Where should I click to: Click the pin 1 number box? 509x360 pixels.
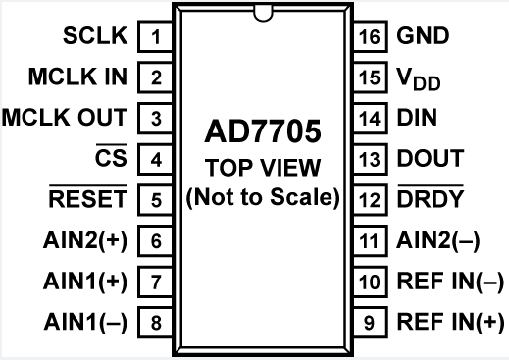(x=156, y=39)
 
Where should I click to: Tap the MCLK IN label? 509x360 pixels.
(x=78, y=77)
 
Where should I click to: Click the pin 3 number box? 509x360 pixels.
(x=156, y=117)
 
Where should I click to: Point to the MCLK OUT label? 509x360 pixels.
(x=65, y=117)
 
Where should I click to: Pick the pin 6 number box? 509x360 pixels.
(x=156, y=238)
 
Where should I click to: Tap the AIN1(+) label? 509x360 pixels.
(x=85, y=280)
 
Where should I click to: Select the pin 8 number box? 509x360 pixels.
(x=156, y=320)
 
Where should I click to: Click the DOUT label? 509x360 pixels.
(x=431, y=157)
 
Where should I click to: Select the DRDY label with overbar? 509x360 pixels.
(x=431, y=198)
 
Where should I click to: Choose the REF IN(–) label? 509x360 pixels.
(x=447, y=280)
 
